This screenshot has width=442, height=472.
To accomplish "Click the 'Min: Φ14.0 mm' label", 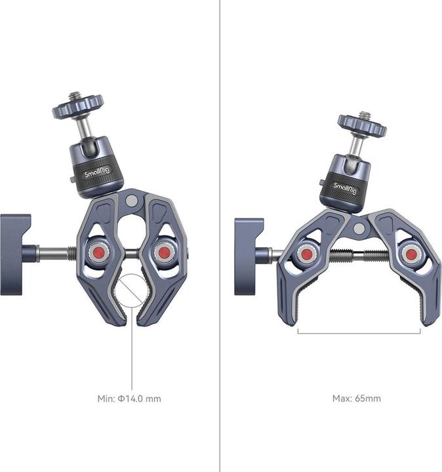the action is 129,399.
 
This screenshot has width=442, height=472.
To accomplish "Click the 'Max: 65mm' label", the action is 357,399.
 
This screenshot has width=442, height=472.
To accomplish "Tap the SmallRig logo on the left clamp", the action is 98,172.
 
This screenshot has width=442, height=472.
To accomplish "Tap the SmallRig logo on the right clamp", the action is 345,188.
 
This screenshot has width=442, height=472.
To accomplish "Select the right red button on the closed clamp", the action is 164,252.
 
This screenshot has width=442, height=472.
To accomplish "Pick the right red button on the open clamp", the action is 410,254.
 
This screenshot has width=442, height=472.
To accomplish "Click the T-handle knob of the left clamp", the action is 16,254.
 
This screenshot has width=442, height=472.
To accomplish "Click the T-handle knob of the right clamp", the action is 249,256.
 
